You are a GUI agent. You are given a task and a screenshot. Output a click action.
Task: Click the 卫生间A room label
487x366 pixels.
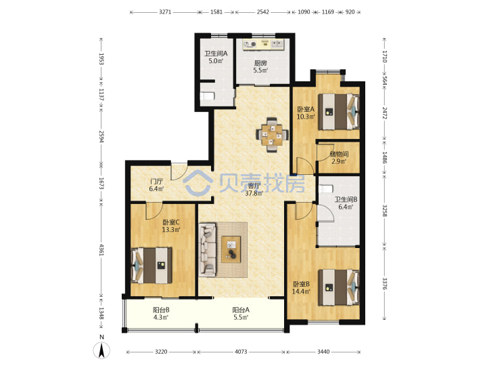click(216, 54)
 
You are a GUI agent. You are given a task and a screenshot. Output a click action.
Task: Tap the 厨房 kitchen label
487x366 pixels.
click(260, 63)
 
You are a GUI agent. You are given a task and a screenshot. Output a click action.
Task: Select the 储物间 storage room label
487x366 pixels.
click(339, 154)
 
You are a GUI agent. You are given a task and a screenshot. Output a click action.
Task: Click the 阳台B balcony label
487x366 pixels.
click(161, 310)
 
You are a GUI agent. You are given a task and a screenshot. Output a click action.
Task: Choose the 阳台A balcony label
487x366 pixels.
click(241, 310)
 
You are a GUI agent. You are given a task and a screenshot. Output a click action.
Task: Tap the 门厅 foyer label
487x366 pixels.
click(156, 182)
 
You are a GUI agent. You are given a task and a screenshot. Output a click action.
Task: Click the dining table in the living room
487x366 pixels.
click(272, 135)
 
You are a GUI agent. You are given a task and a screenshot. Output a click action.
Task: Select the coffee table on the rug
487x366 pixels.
click(231, 249)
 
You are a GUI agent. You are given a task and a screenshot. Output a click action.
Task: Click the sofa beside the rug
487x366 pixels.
click(208, 249)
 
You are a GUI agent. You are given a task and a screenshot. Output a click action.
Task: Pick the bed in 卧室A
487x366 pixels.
click(339, 111)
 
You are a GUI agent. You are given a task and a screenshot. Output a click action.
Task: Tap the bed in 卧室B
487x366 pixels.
click(339, 287)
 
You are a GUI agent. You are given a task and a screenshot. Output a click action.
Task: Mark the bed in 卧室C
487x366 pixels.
click(152, 265)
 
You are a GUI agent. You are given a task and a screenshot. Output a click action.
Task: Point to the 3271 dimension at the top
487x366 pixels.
click(165, 12)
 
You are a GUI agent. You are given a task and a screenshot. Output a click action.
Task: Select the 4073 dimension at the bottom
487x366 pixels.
click(241, 352)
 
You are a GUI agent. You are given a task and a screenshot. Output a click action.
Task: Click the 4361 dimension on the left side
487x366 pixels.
click(101, 249)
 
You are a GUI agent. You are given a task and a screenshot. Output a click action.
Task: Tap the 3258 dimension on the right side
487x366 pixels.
click(384, 211)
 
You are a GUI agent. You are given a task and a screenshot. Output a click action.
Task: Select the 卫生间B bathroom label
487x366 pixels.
click(346, 199)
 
